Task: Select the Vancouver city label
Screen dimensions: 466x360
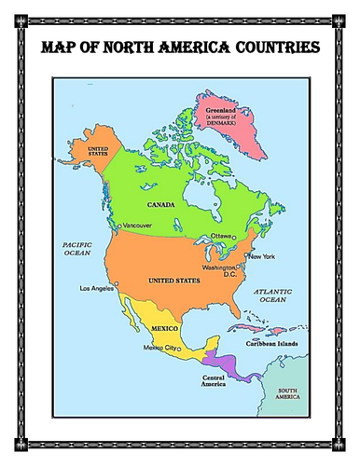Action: point(137,226)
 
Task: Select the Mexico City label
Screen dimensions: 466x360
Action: point(159,348)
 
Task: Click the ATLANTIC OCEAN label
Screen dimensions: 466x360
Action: point(275,295)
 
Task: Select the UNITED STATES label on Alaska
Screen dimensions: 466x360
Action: point(99,152)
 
